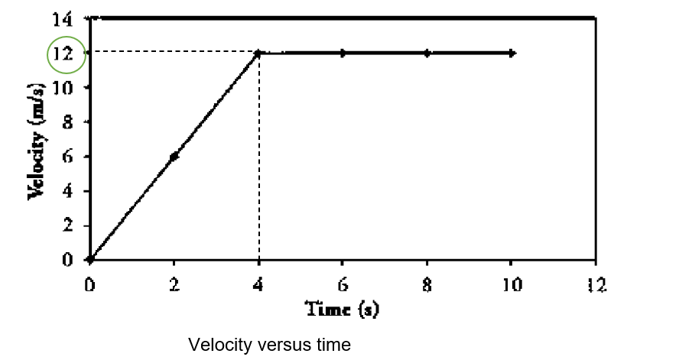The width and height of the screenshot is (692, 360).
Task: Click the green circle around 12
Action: [67, 54]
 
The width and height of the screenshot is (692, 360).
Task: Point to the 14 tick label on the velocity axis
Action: [62, 19]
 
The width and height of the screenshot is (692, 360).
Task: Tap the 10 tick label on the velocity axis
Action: [62, 87]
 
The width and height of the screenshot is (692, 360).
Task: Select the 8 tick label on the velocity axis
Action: [67, 122]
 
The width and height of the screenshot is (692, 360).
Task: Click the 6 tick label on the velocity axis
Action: [67, 156]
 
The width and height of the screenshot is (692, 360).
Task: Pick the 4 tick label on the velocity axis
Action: [67, 190]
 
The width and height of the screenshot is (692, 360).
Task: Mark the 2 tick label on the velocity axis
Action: [67, 225]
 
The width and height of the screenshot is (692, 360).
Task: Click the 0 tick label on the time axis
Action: [90, 285]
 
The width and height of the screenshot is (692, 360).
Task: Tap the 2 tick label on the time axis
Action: [174, 285]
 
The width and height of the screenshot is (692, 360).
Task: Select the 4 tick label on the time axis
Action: [259, 285]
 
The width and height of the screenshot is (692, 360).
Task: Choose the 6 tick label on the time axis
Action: [343, 285]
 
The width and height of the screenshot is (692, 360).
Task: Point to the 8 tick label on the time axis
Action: [427, 285]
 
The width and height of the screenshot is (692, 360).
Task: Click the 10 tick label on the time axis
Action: [512, 285]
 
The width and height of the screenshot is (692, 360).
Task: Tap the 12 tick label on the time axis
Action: [596, 285]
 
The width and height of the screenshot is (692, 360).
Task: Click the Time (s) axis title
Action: [343, 309]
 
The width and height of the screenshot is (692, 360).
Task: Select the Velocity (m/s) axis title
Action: [35, 139]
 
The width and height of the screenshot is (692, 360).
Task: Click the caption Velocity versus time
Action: [269, 345]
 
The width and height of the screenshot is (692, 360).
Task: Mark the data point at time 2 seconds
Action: [174, 157]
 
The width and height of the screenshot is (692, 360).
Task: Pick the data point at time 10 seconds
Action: [512, 54]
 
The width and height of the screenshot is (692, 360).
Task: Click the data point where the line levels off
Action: [259, 54]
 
